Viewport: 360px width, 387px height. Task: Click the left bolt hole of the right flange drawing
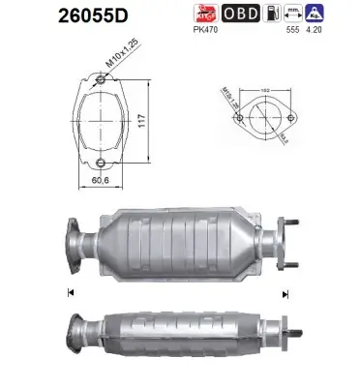[237, 120]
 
